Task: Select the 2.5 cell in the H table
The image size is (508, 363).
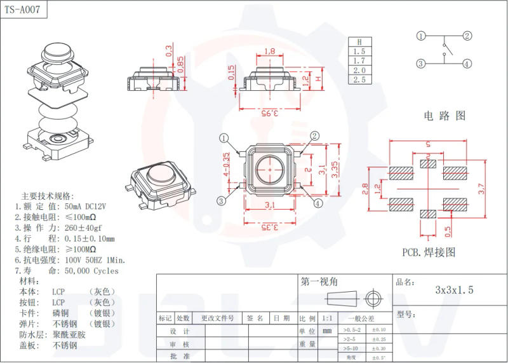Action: pyautogui.click(x=359, y=79)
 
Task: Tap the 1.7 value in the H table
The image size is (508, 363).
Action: pyautogui.click(x=359, y=60)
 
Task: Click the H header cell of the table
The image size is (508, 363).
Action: pyautogui.click(x=359, y=41)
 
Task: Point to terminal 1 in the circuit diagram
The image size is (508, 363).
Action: pyautogui.click(x=421, y=36)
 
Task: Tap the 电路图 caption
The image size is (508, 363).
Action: pyautogui.click(x=444, y=116)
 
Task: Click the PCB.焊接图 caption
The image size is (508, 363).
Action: pyautogui.click(x=429, y=252)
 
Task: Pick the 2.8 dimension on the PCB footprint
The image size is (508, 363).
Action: pyautogui.click(x=364, y=189)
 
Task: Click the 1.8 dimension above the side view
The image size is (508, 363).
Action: pyautogui.click(x=269, y=51)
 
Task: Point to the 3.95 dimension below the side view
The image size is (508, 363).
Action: pyautogui.click(x=269, y=113)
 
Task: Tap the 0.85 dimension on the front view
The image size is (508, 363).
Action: pyautogui.click(x=180, y=64)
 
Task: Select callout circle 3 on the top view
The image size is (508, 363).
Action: pyautogui.click(x=221, y=201)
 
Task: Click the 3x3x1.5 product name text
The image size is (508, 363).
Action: pyautogui.click(x=454, y=290)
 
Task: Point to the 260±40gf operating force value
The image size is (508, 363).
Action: pyautogui.click(x=83, y=228)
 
